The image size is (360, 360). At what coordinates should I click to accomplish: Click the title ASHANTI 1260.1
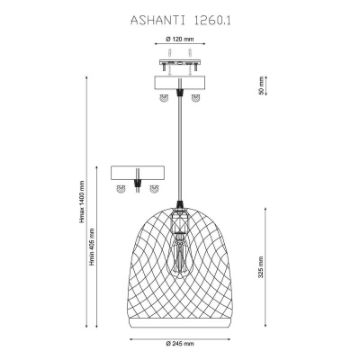click(181, 21)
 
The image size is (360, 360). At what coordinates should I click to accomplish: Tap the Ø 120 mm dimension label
click(179, 39)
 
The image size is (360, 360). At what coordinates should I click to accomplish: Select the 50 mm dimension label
click(261, 85)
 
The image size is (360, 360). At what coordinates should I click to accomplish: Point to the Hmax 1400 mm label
click(82, 202)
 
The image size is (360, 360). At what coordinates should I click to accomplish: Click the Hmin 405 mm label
click(92, 247)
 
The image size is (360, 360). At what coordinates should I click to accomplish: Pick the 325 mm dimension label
click(261, 267)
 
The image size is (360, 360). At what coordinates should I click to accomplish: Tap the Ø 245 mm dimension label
click(180, 343)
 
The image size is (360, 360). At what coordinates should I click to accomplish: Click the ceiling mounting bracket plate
click(180, 63)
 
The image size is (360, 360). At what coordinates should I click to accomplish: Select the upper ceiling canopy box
click(180, 83)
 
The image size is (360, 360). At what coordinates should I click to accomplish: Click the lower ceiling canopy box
click(137, 173)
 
